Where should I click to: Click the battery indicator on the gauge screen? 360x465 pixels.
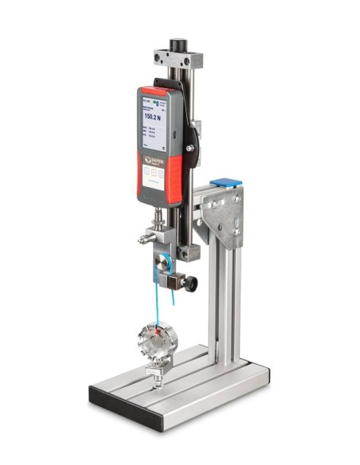point(163,101)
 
